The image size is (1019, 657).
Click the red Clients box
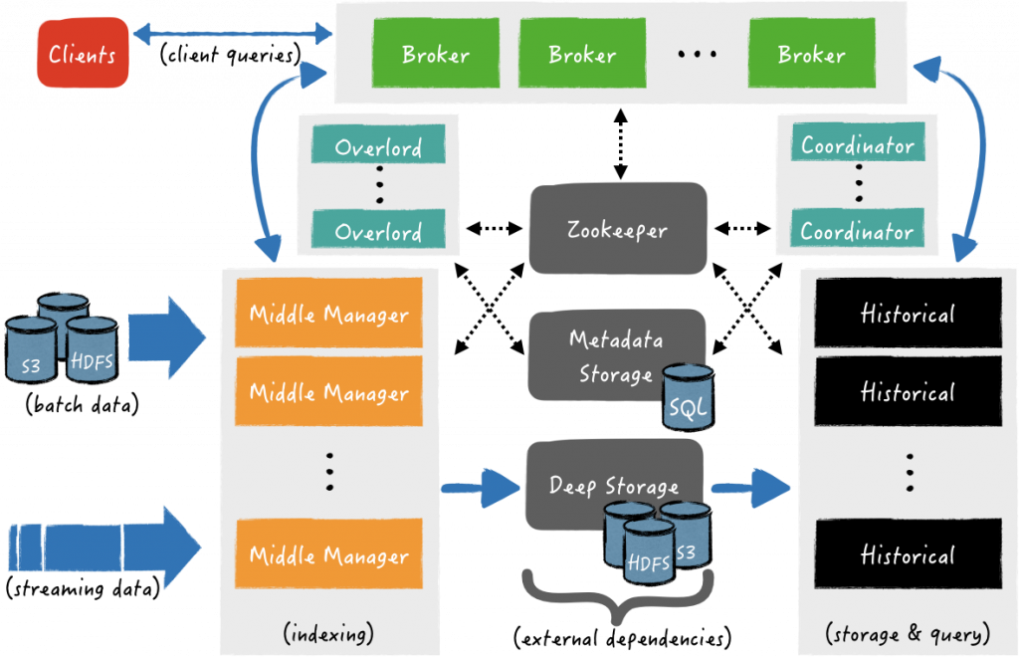pyautogui.click(x=82, y=54)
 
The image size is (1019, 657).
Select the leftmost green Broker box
pyautogui.click(x=435, y=55)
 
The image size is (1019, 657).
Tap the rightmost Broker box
pyautogui.click(x=811, y=55)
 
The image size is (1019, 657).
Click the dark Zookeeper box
pyautogui.click(x=617, y=229)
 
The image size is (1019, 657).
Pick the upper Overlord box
pyautogui.click(x=378, y=147)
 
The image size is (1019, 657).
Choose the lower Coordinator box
pyautogui.click(x=857, y=231)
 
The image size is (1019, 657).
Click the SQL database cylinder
pyautogui.click(x=688, y=396)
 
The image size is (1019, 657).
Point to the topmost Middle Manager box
pyautogui.click(x=328, y=315)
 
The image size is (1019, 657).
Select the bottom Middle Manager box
pyautogui.click(x=328, y=555)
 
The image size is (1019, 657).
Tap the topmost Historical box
pyautogui.click(x=907, y=314)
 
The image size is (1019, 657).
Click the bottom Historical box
pyautogui.click(x=907, y=554)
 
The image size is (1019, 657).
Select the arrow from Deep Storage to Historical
pyautogui.click(x=751, y=488)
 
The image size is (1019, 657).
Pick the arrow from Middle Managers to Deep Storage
pyautogui.click(x=482, y=488)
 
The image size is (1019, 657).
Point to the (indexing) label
pyautogui.click(x=328, y=632)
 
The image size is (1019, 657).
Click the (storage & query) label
pyautogui.click(x=907, y=632)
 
